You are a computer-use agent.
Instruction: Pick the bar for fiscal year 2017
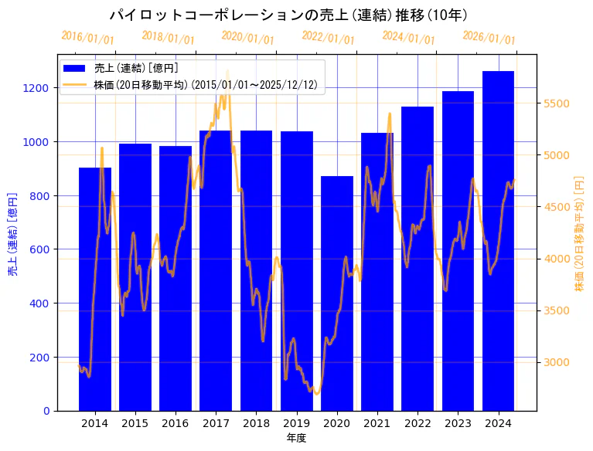pos(216,270)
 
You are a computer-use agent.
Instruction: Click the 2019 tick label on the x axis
pos(297,423)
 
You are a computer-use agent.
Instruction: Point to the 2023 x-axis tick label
pos(458,423)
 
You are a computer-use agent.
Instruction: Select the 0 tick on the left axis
pos(48,411)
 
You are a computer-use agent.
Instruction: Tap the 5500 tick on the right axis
pos(557,103)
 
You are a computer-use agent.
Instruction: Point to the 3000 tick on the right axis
pos(557,362)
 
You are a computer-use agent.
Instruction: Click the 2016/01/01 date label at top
pos(87,38)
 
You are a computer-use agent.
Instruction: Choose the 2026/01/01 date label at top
pos(489,38)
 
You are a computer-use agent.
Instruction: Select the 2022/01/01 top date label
pos(328,38)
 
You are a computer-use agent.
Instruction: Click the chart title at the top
pos(288,15)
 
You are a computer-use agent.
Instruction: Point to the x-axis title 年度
pos(297,438)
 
